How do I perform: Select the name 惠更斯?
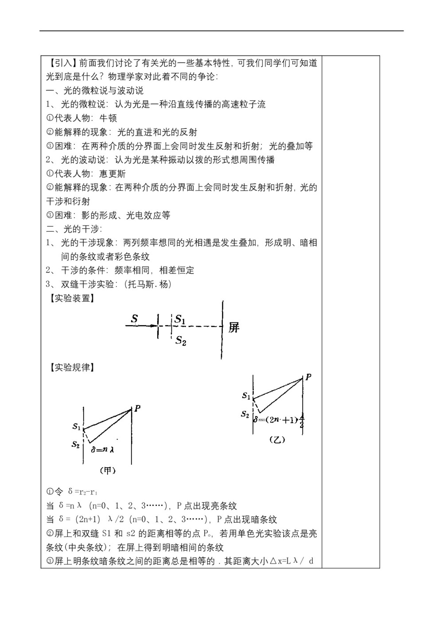pyautogui.click(x=113, y=174)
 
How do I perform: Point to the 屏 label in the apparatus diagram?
pyautogui.click(x=234, y=328)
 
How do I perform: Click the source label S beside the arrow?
pyautogui.click(x=135, y=319)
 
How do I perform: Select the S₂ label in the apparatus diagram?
pyautogui.click(x=181, y=340)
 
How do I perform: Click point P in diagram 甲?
pyautogui.click(x=137, y=408)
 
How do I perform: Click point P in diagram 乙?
pyautogui.click(x=308, y=377)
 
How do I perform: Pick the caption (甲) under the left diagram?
pyautogui.click(x=108, y=470)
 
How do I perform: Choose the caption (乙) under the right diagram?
pyautogui.click(x=277, y=439)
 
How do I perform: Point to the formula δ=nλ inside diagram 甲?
pyautogui.click(x=103, y=449)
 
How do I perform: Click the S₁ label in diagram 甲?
pyautogui.click(x=76, y=427)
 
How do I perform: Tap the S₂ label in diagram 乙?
pyautogui.click(x=245, y=414)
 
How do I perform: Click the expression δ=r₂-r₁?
pyautogui.click(x=83, y=492)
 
